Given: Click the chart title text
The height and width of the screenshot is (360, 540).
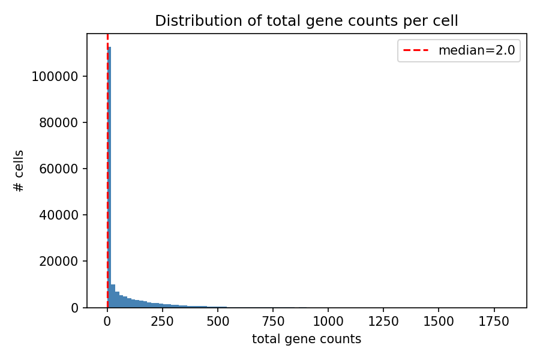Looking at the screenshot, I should (307, 21).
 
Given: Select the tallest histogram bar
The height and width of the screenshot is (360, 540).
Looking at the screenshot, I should (109, 180).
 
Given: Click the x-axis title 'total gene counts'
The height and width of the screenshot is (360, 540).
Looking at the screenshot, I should (307, 339).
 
